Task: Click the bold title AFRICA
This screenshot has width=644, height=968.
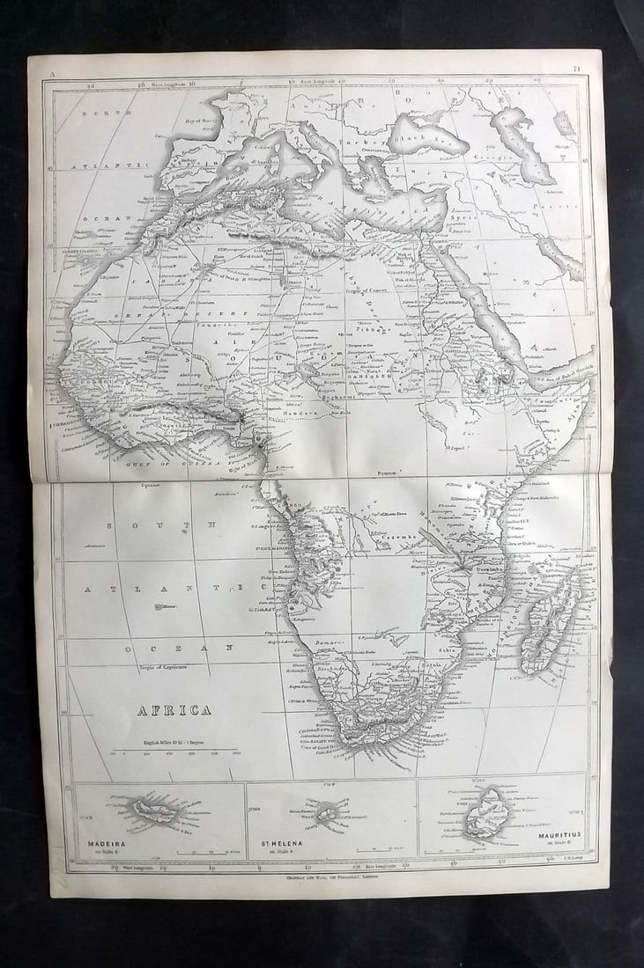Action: point(173,710)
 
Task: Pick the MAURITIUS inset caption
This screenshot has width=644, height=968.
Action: point(558,833)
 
